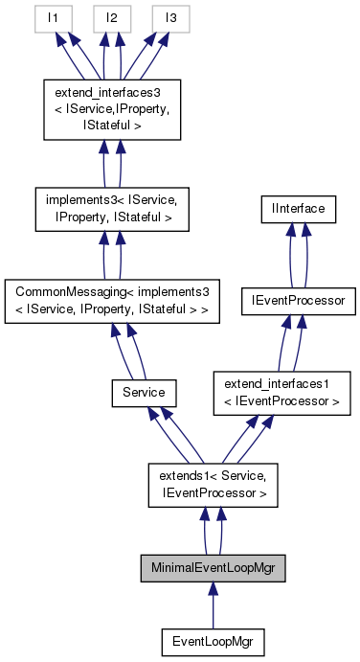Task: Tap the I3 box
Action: pyautogui.click(x=170, y=17)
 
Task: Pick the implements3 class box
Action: pyautogui.click(x=114, y=209)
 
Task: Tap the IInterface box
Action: pyautogui.click(x=301, y=207)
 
